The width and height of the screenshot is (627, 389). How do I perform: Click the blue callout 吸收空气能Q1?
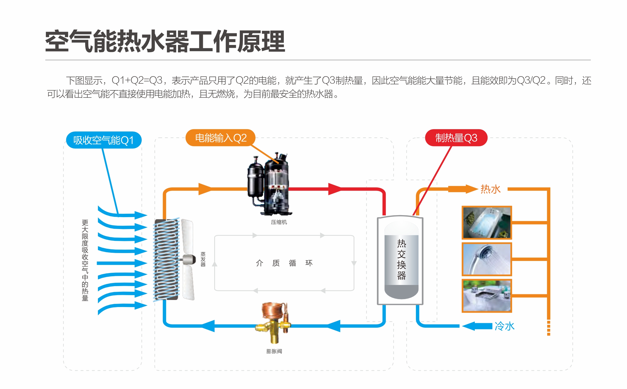click(104, 140)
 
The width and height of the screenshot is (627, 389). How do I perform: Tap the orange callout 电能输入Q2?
click(220, 138)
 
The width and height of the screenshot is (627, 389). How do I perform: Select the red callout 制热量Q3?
click(456, 138)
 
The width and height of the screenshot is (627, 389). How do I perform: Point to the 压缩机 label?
click(279, 222)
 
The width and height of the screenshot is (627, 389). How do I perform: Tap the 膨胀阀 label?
click(274, 351)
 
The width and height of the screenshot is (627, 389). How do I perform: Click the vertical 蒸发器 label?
click(203, 259)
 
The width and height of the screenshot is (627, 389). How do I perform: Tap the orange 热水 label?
click(490, 189)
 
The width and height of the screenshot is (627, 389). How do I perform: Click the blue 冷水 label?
click(504, 326)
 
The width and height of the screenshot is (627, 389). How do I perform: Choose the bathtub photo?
click(487, 223)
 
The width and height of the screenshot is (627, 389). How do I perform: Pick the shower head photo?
click(487, 259)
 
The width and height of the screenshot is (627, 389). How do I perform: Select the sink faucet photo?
click(487, 296)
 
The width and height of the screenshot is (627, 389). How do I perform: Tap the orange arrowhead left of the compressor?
click(205, 189)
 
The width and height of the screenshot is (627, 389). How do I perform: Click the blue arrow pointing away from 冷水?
click(477, 326)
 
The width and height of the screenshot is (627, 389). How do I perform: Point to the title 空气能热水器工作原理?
click(165, 42)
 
